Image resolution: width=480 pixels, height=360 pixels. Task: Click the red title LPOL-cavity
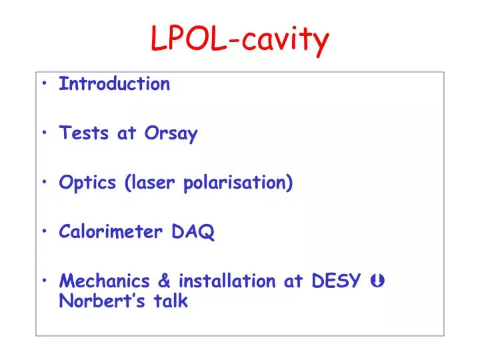point(240,39)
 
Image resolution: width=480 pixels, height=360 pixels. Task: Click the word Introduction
point(115,84)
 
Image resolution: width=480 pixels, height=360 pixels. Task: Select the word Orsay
point(171,134)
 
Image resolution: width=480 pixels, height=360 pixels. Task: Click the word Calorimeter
point(111,232)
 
